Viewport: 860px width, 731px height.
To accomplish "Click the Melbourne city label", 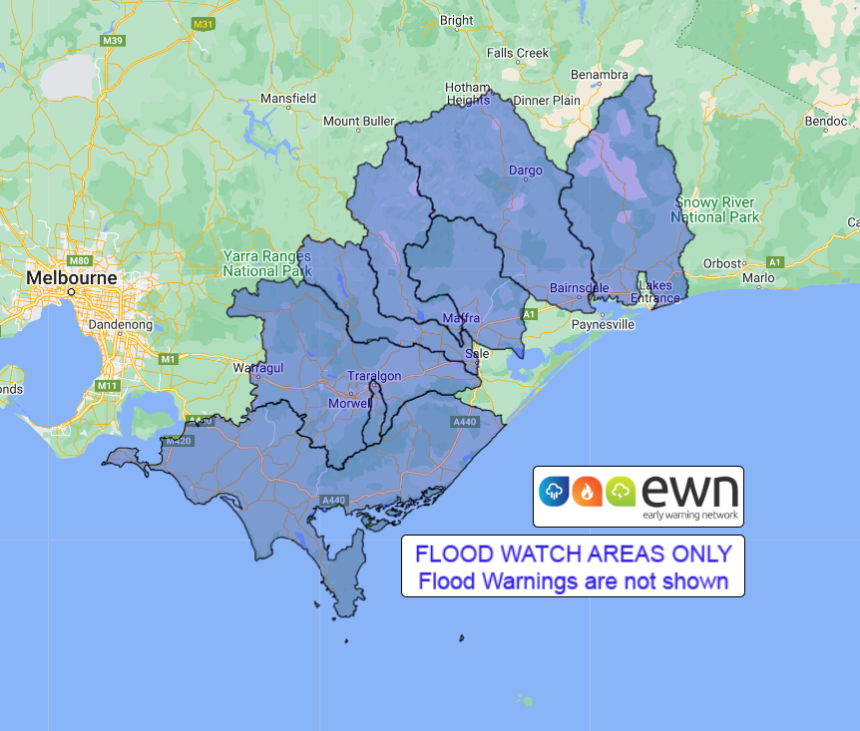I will point(71,276).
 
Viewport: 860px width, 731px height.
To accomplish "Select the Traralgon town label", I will point(373,375).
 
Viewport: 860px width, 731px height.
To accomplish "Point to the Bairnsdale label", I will point(579,288).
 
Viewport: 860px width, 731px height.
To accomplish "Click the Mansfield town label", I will point(288,99).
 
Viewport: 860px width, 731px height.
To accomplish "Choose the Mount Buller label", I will point(359,122).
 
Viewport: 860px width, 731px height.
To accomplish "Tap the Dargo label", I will point(526,171).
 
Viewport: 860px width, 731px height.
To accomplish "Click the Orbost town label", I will point(722,263).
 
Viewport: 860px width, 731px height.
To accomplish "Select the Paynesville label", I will point(604,324).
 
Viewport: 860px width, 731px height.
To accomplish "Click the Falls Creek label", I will point(519,53).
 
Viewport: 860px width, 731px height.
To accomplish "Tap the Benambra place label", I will point(599,75).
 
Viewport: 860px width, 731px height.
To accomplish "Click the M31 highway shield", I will point(204,23).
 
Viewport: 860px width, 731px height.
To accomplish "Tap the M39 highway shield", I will point(113,40).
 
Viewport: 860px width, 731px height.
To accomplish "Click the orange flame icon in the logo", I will point(587,491).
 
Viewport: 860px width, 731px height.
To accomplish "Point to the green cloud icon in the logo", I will point(621,491).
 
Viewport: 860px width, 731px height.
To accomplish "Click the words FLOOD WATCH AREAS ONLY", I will point(574,553).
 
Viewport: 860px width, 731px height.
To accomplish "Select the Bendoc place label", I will point(825,122).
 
